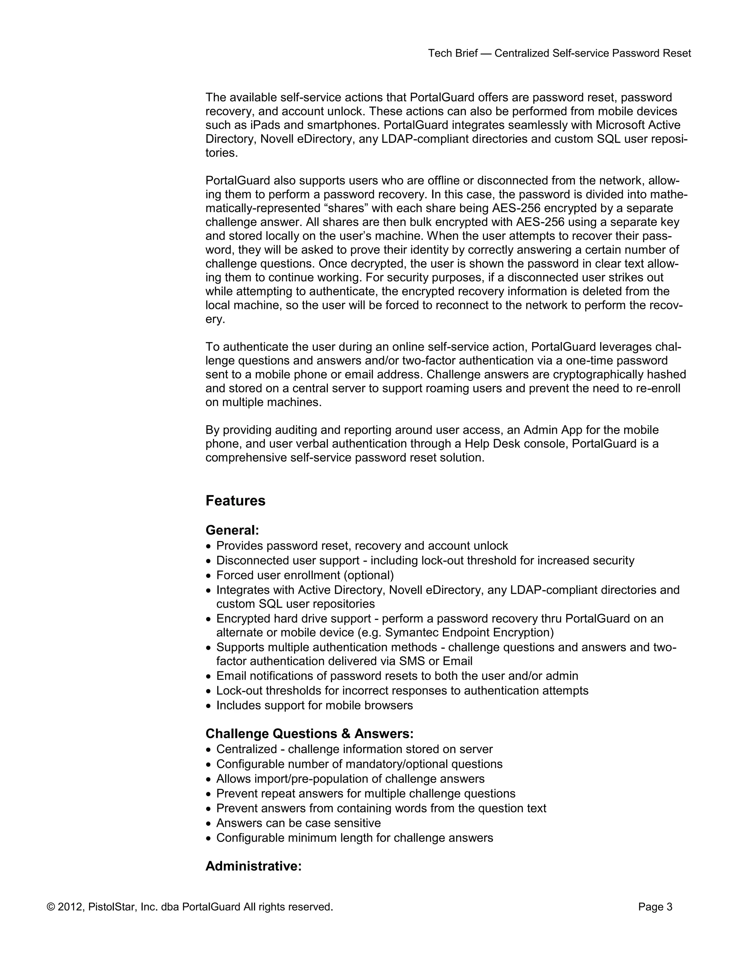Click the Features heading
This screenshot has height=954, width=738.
coord(235,501)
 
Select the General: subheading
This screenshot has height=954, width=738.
coord(232,530)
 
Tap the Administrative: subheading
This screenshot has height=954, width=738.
coord(254,866)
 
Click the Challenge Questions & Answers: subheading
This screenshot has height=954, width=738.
coord(310,733)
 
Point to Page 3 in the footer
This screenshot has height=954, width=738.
coord(655,907)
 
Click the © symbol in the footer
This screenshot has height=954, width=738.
coord(51,907)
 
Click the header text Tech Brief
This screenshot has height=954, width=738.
coord(452,53)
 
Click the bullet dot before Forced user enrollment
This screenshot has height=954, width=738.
coord(209,576)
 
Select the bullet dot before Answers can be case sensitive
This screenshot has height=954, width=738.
coord(209,824)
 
